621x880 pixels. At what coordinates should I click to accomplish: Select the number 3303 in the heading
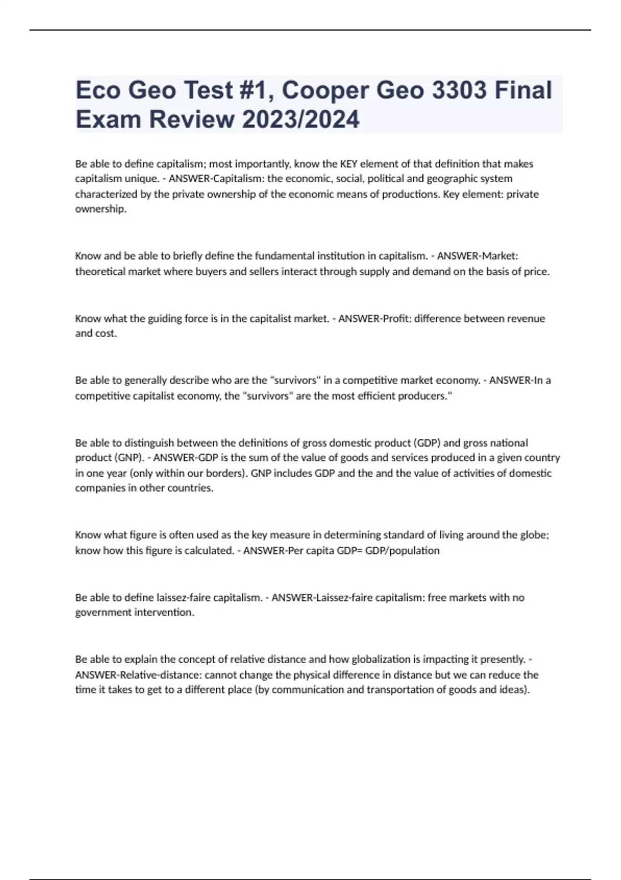[459, 91]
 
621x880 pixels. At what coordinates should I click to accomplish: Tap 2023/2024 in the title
[300, 120]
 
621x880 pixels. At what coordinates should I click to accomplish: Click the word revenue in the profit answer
[524, 318]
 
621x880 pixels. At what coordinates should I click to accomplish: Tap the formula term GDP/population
[402, 550]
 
